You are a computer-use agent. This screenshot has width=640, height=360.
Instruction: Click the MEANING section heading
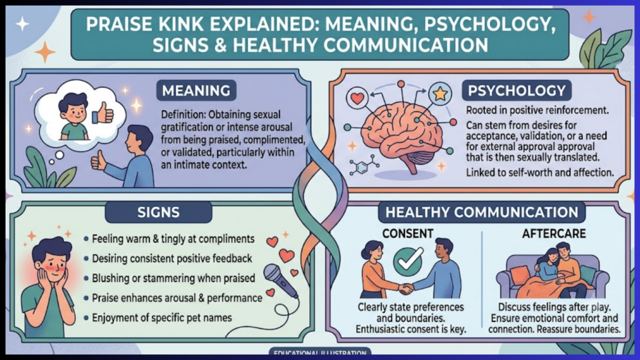point(196,90)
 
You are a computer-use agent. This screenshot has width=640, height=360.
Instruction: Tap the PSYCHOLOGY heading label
point(516,90)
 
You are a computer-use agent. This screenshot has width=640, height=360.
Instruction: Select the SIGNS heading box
point(158,212)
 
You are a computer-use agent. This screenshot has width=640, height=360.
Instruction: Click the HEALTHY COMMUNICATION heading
point(482,212)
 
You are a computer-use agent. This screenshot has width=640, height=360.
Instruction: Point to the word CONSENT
point(407,234)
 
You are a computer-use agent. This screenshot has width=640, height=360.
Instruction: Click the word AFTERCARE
point(554,234)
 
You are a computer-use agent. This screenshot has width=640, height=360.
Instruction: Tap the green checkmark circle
point(408,261)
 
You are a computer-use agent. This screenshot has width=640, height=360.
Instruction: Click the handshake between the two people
point(406,289)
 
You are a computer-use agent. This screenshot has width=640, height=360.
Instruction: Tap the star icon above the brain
point(441,94)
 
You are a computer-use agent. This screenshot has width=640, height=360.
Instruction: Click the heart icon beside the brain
point(357,98)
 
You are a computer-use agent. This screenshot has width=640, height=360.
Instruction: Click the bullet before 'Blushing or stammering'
point(86,278)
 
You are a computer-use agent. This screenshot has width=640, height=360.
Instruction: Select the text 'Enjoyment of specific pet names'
point(162,317)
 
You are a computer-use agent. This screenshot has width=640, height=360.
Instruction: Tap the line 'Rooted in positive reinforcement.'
point(537,110)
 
